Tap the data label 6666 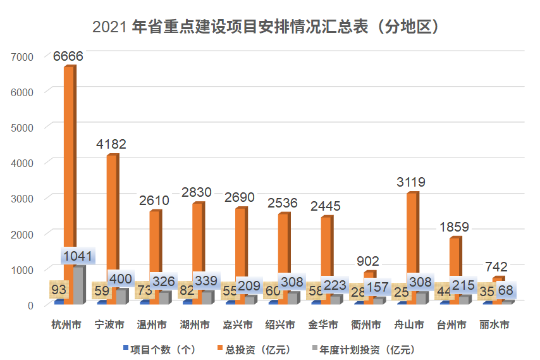(68, 56)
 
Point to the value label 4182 (111, 144)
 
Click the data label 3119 (412, 182)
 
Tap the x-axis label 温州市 (152, 326)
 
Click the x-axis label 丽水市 (494, 326)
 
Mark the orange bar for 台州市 (455, 266)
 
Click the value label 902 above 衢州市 (368, 261)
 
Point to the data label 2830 (197, 192)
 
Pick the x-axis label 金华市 (323, 326)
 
